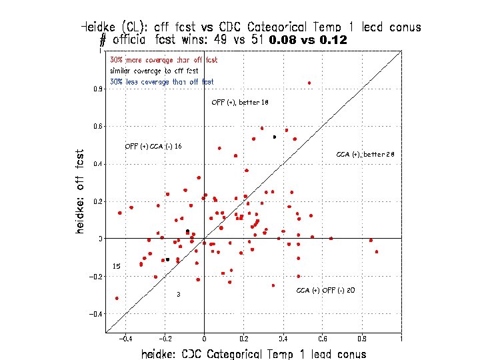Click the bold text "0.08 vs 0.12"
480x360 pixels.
307,40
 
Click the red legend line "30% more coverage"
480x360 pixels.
163,61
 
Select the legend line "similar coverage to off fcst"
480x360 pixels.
154,71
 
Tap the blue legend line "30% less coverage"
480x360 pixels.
162,82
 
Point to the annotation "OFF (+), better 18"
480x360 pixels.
239,103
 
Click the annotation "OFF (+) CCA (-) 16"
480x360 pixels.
153,146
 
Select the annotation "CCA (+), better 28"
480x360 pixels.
365,155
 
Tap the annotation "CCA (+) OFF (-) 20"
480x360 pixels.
325,290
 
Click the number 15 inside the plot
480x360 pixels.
116,266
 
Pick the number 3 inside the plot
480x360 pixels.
178,294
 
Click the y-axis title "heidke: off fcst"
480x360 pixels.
80,191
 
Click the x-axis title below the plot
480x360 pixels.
253,354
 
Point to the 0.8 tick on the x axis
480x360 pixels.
361,339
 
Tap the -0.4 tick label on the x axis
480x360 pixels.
124,339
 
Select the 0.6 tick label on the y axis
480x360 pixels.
97,126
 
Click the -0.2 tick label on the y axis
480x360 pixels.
96,276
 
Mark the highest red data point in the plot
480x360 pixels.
309,83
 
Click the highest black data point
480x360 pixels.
274,137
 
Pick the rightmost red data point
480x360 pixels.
377,252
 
